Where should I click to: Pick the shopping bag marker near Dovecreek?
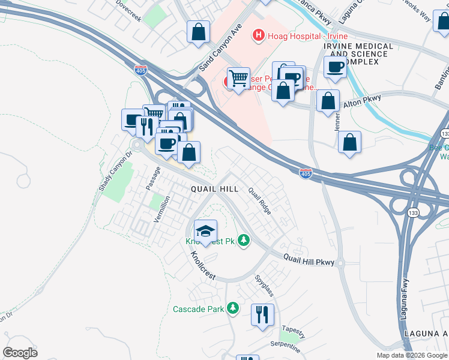[x=198, y=32]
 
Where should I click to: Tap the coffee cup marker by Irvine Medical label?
[x=335, y=67]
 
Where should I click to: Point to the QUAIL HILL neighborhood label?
[x=214, y=188]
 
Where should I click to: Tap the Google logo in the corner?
[x=20, y=352]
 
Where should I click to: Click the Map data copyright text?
[x=412, y=355]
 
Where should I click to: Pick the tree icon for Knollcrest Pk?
[x=243, y=241]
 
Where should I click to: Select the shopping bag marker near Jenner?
[x=349, y=143]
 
